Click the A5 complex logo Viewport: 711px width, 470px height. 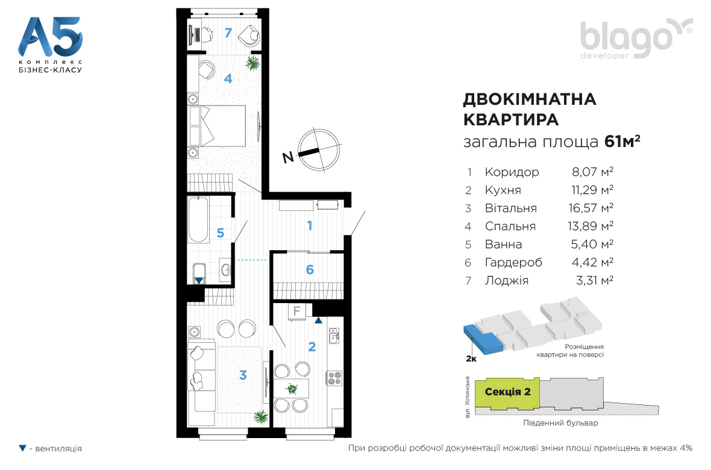[x=51, y=45]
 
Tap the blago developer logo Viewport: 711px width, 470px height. [x=636, y=39]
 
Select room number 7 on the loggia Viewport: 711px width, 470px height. [x=228, y=33]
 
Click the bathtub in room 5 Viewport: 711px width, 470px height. [x=199, y=219]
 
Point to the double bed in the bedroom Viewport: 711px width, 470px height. [x=217, y=126]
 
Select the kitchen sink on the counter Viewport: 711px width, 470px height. [x=334, y=336]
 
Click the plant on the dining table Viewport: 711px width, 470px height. [x=292, y=389]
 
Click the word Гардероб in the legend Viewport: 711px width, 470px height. [x=513, y=263]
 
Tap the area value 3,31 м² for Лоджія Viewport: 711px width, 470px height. [x=595, y=280]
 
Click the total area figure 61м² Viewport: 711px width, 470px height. [x=622, y=142]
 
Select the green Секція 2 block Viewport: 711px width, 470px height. [x=507, y=392]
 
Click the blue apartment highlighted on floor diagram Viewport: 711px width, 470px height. [x=483, y=339]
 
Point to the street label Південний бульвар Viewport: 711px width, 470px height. [x=560, y=423]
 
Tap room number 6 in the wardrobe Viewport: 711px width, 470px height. [x=310, y=270]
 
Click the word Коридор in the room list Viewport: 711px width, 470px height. [x=512, y=172]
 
